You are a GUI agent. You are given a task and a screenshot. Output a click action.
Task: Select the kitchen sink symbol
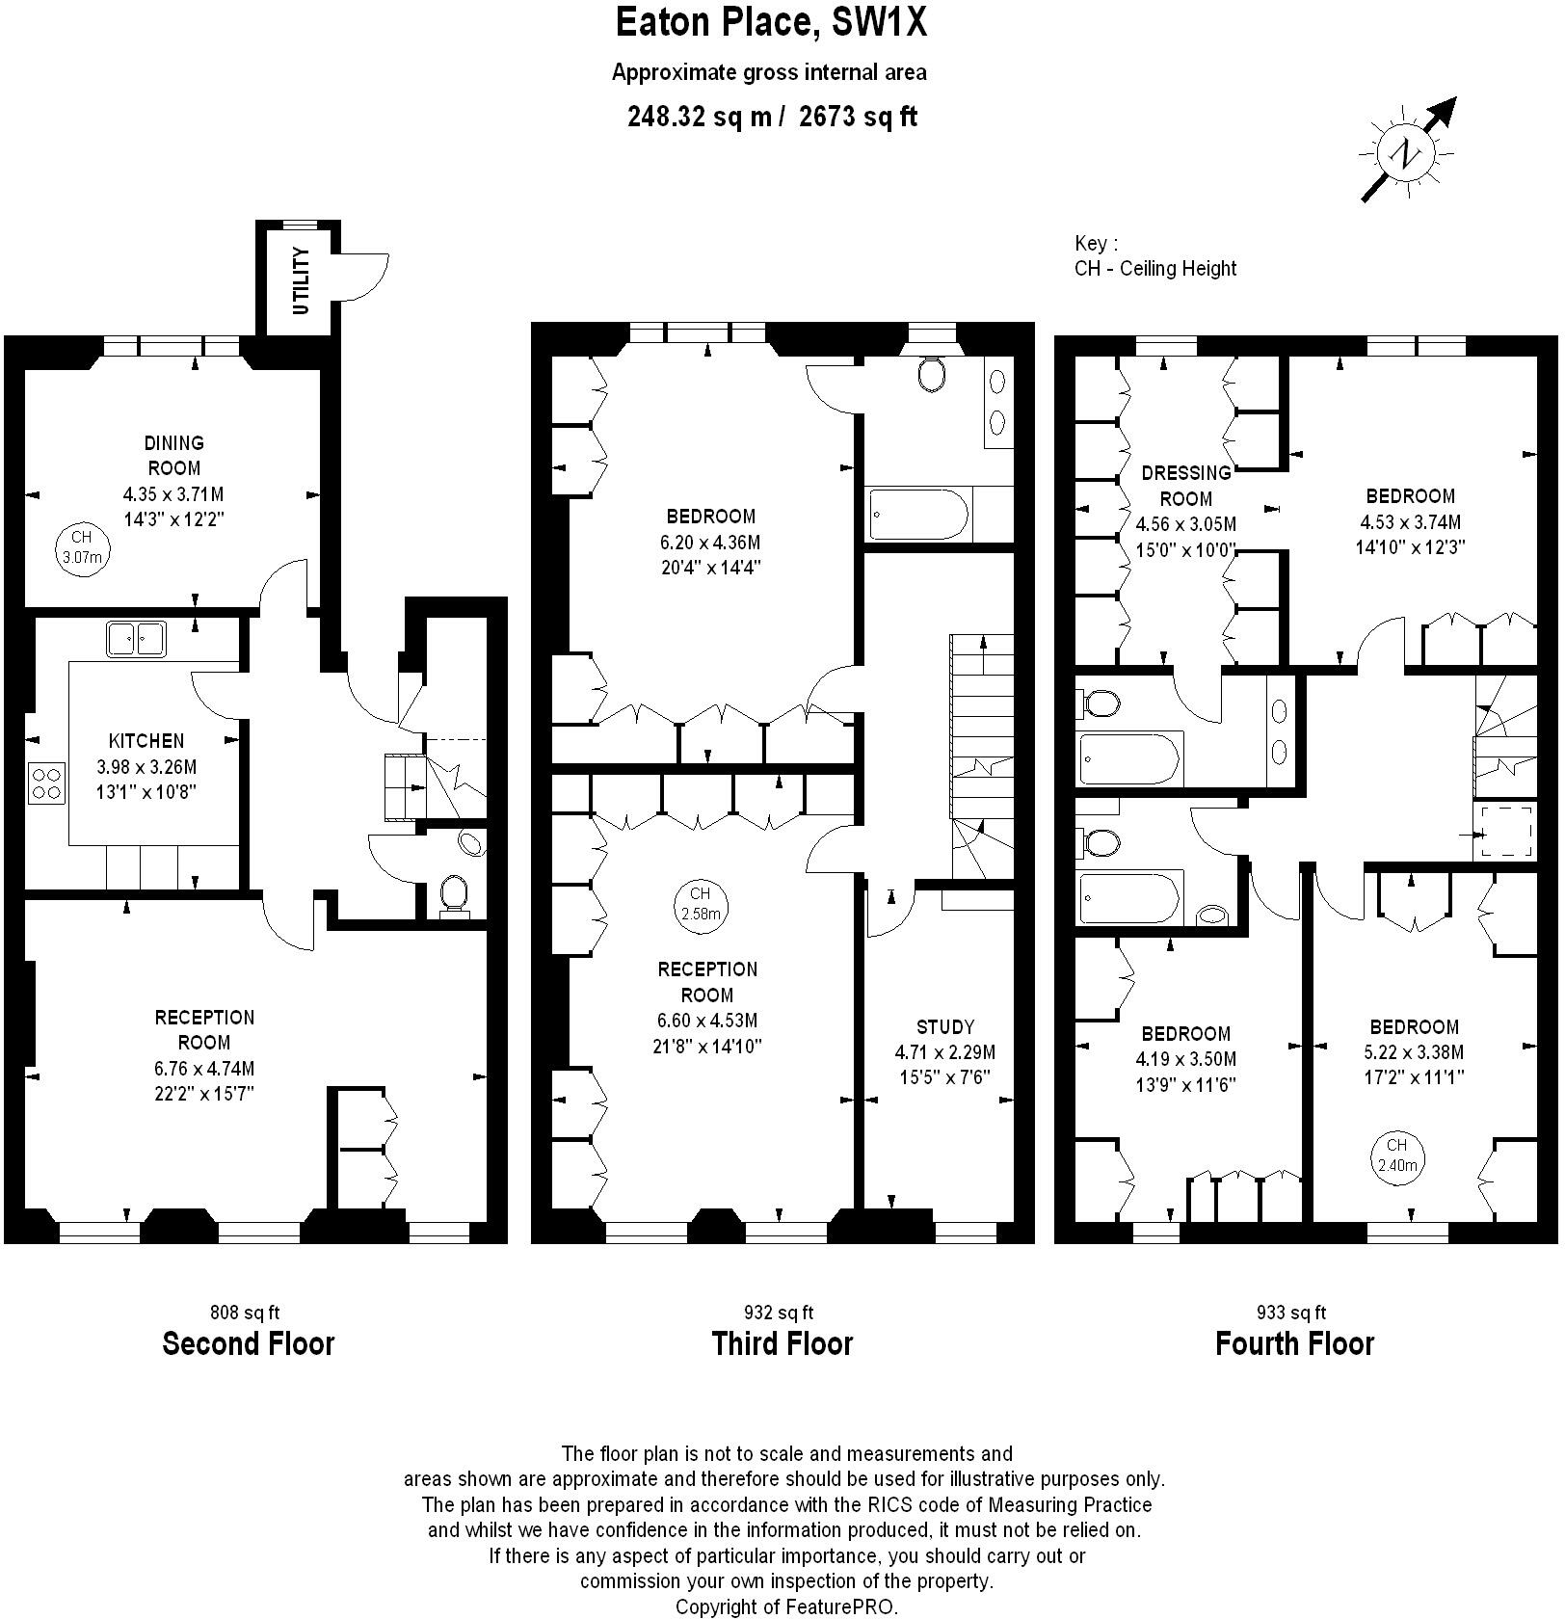136,638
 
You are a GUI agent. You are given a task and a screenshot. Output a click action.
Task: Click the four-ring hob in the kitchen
46,782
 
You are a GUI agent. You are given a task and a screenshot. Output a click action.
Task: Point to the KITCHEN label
146,741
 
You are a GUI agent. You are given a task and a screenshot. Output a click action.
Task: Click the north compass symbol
1408,152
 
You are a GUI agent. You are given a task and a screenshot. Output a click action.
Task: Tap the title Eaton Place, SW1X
771,22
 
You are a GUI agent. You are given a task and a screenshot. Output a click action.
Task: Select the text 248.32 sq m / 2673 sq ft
771,117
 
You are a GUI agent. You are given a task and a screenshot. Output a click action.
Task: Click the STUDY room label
944,1026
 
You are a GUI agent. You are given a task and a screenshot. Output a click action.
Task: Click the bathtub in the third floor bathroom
918,515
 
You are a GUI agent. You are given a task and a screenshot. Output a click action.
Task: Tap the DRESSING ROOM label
1185,486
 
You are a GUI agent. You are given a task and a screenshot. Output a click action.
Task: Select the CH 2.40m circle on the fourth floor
1397,1155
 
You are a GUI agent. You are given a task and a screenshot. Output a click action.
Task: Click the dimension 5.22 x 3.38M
1415,1052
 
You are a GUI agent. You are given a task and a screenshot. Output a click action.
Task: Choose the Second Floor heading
249,1343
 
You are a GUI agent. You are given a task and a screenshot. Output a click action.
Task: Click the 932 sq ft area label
779,1312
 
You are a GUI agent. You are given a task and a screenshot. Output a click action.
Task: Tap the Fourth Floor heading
1294,1343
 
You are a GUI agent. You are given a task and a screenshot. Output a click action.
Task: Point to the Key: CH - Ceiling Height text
1154,256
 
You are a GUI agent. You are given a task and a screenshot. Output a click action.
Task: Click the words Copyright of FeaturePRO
786,1606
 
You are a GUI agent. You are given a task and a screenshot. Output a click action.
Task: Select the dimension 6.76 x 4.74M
204,1068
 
